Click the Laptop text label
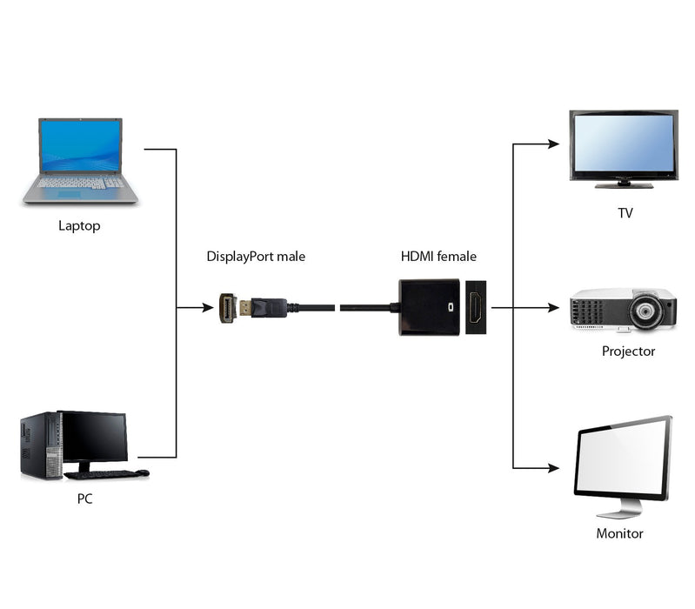point(79,226)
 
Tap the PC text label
point(84,499)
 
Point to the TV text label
point(625,213)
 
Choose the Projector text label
point(628,351)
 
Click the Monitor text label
point(619,533)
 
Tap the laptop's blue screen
point(80,145)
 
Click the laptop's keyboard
point(80,184)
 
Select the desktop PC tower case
point(41,445)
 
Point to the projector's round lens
point(646,308)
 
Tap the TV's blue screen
point(624,143)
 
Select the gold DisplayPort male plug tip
point(247,307)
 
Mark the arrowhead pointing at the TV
point(554,144)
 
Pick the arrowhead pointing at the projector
point(554,307)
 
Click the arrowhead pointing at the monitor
point(554,468)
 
